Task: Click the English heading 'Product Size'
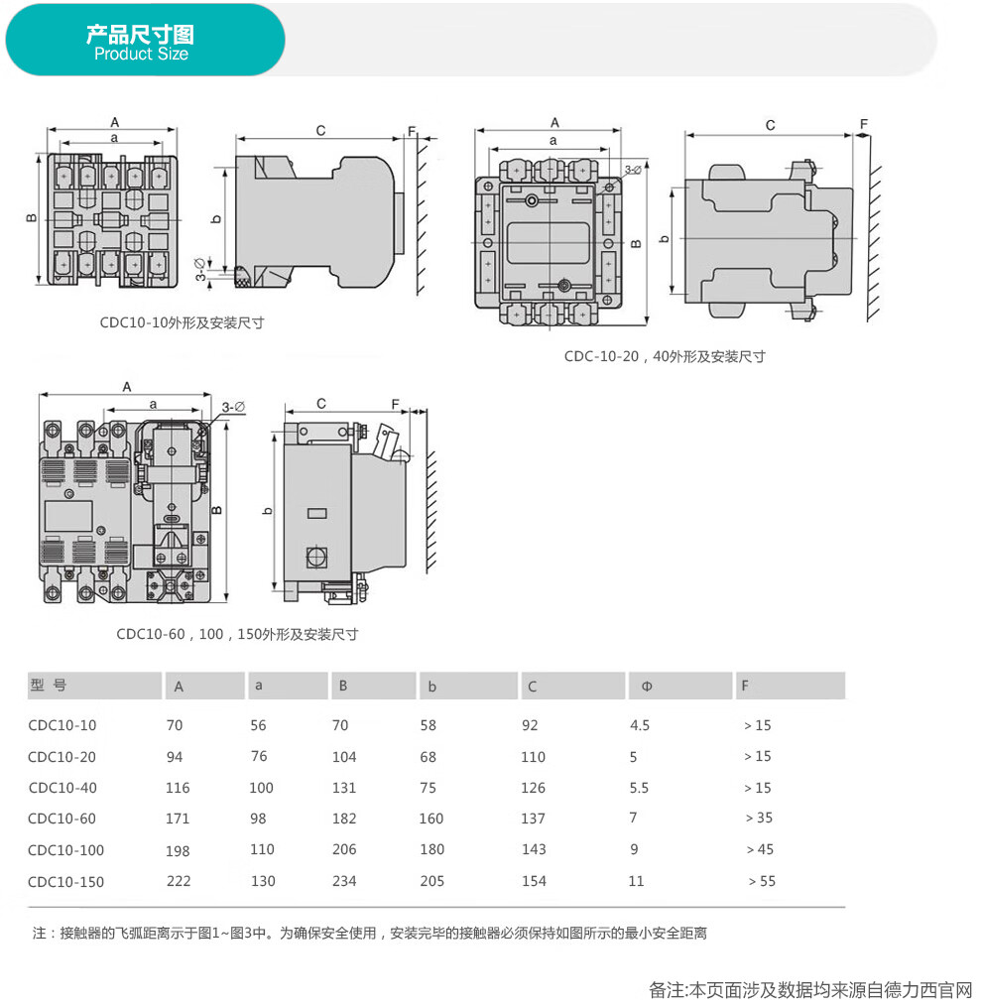142,54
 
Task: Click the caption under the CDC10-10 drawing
182,322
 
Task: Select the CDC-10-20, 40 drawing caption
665,356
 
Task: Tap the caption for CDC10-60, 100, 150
237,635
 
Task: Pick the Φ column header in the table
647,686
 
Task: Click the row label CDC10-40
62,788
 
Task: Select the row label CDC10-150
65,882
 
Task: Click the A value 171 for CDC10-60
178,819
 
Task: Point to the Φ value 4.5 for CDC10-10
640,725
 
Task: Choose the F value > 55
762,881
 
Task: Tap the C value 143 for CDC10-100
534,849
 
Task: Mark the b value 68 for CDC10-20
429,757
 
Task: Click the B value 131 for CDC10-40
344,788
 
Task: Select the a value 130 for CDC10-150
263,881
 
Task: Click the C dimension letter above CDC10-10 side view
320,131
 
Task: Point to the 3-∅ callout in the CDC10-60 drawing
233,407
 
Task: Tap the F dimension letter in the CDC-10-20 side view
864,123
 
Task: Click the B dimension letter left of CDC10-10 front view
32,218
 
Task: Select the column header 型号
49,685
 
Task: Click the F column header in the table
745,686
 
